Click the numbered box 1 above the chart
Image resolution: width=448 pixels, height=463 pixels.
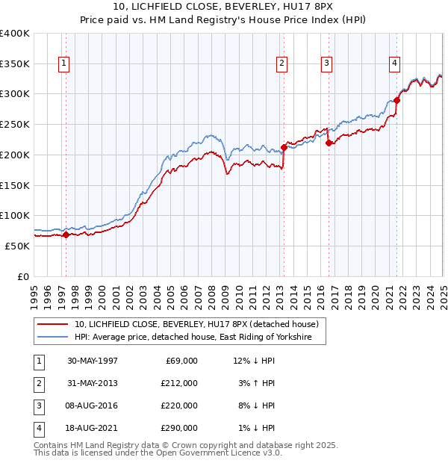[65, 64]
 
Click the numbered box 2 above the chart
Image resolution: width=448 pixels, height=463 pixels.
[282, 64]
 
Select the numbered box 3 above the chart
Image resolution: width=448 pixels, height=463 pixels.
[327, 64]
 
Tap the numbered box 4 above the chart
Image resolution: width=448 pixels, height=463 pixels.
[393, 64]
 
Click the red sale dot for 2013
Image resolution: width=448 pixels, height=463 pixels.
[284, 147]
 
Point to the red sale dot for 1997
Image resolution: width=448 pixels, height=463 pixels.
[66, 234]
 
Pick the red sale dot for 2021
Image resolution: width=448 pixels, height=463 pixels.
[397, 100]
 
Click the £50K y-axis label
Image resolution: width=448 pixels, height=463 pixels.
[18, 246]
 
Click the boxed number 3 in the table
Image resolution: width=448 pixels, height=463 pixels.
[38, 405]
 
